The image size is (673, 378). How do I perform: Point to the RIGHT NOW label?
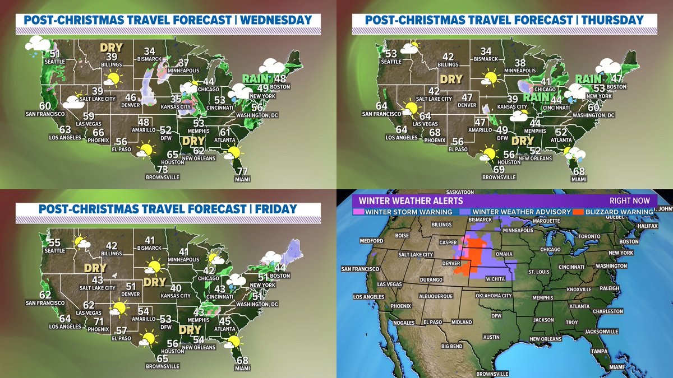(x=629, y=200)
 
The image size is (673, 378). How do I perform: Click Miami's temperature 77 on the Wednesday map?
(x=242, y=171)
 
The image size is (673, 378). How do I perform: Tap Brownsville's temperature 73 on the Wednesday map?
(x=163, y=170)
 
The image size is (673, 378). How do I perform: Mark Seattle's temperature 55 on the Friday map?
(x=54, y=242)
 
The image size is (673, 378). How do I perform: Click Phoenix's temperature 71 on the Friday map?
(x=99, y=321)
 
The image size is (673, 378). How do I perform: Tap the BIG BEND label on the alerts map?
(x=451, y=347)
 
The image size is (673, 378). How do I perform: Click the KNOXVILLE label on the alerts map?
(x=578, y=290)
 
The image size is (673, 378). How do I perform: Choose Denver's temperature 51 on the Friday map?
(x=131, y=286)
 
